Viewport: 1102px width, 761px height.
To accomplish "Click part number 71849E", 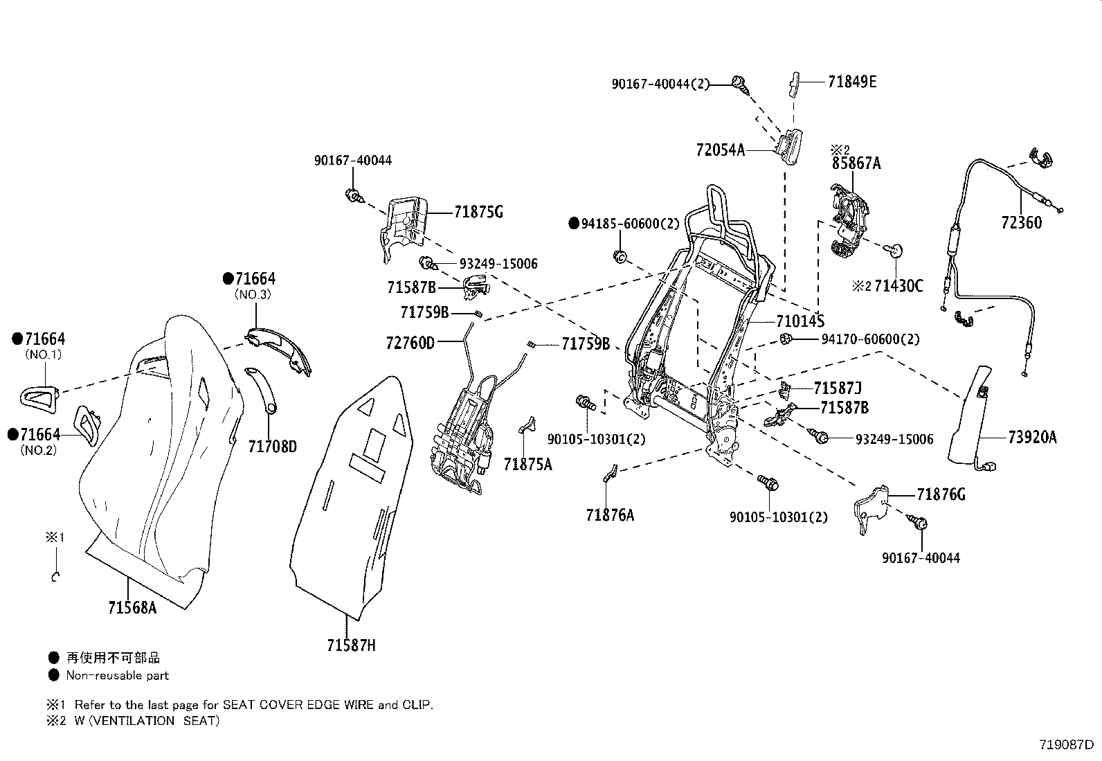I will [851, 82].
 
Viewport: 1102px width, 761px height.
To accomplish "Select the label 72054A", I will [721, 150].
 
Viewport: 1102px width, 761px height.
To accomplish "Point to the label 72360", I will [1021, 223].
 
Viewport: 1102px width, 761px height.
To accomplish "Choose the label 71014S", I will [800, 321].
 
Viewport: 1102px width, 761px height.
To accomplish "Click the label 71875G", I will [478, 212].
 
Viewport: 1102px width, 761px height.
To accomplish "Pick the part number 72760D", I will [410, 342].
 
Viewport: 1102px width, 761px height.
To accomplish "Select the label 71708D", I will [272, 447].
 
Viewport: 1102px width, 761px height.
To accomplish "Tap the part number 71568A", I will [132, 608].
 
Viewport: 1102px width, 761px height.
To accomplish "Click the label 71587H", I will [351, 645].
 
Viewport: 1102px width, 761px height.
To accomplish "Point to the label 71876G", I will [941, 494].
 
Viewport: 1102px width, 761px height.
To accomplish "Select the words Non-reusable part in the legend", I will [117, 675].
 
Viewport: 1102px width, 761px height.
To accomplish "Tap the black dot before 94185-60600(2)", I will [573, 224].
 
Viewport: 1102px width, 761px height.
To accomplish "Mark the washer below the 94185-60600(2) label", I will [620, 258].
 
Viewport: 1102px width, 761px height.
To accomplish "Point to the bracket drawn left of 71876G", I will [872, 509].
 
